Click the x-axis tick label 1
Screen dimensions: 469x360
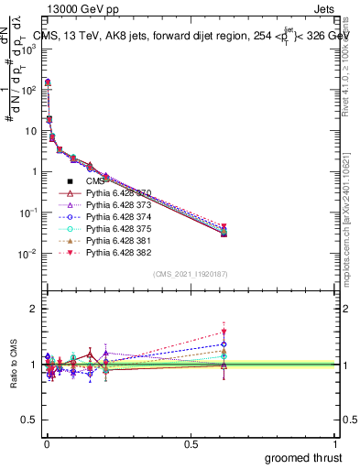point(336,443)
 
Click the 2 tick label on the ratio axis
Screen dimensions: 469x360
point(33,310)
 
